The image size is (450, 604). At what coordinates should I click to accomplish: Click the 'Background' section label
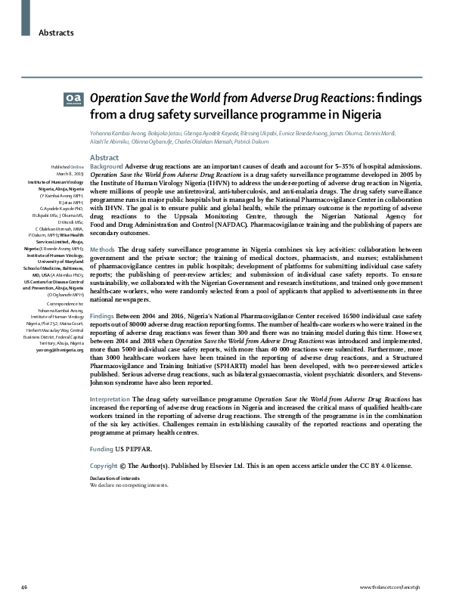coord(106,165)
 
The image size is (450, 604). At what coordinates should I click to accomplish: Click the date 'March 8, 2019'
coord(70,172)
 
